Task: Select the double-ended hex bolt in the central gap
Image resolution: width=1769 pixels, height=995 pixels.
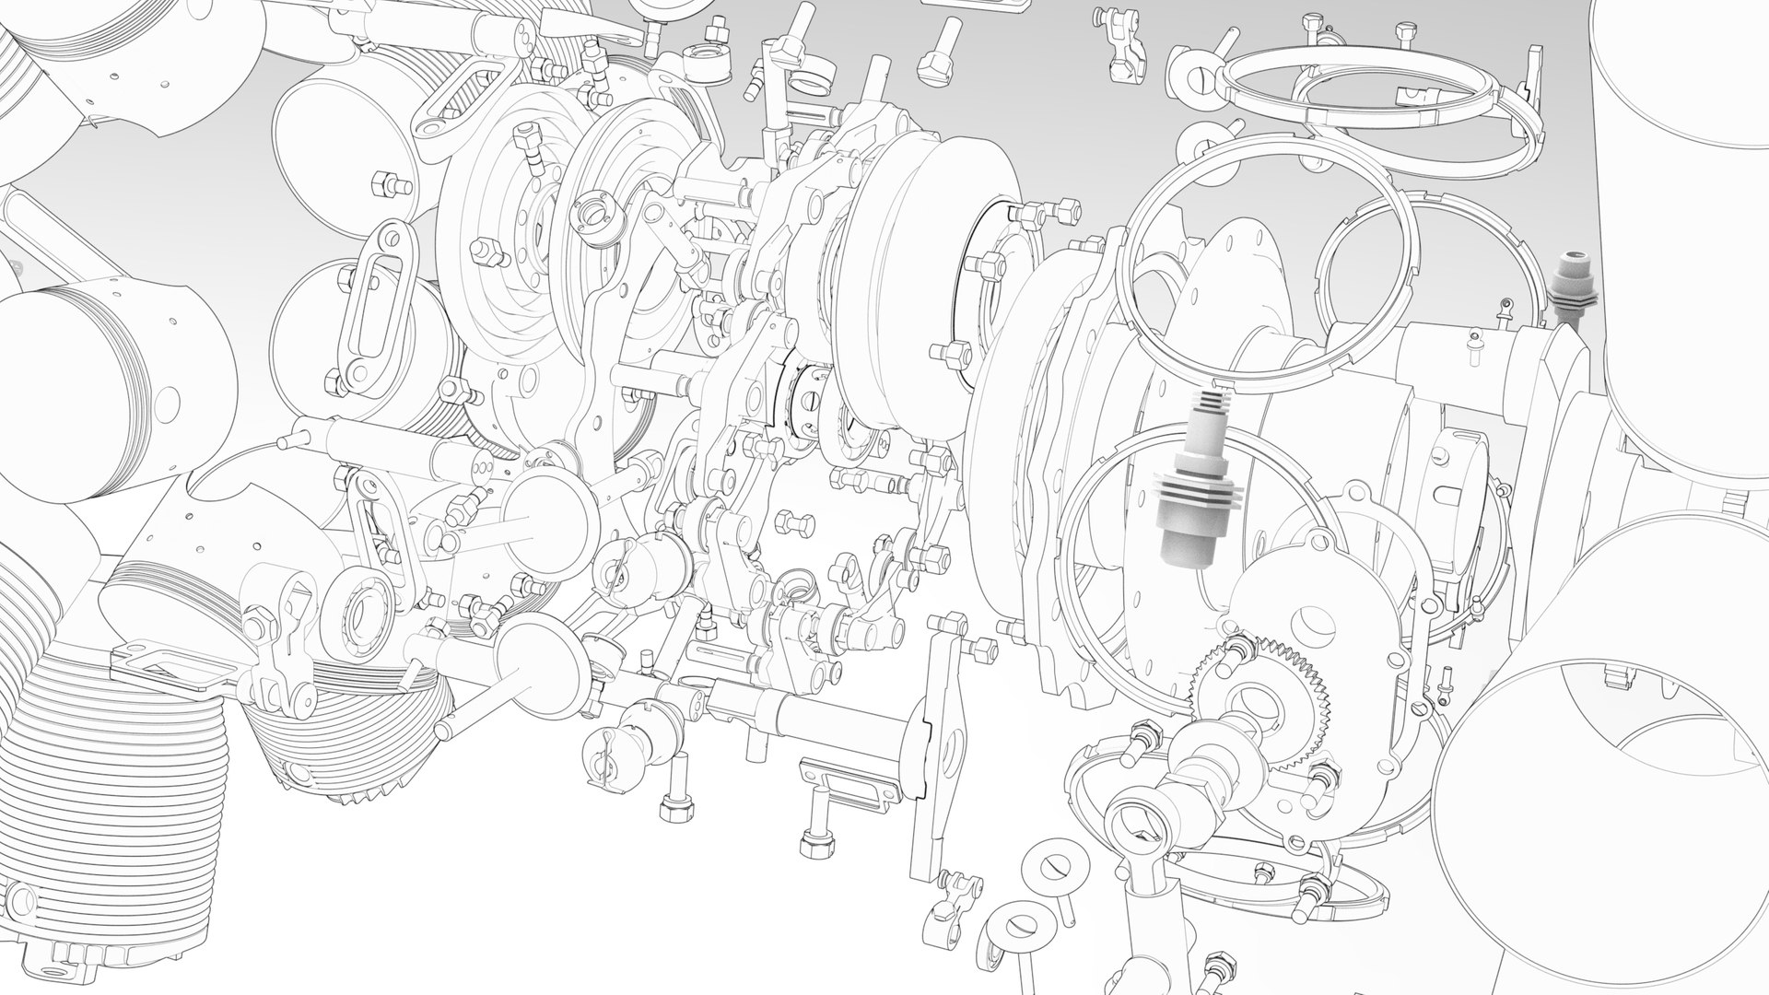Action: tap(794, 524)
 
